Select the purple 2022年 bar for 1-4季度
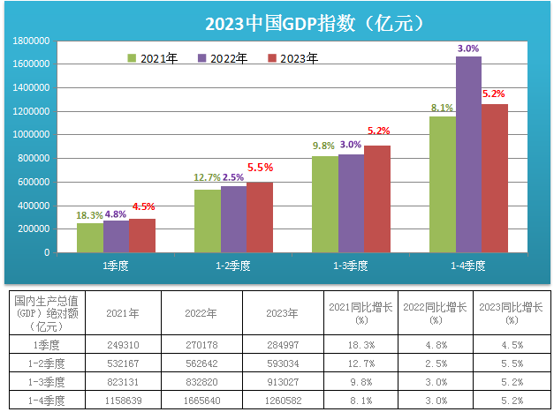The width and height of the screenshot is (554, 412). coord(468,154)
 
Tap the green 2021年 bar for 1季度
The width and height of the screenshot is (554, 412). coord(90,237)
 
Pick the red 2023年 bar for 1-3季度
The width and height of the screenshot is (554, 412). coord(376,199)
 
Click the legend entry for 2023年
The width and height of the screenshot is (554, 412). coord(292,58)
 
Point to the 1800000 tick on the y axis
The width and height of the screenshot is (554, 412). coord(31,41)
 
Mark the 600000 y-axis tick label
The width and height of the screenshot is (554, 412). coord(34,182)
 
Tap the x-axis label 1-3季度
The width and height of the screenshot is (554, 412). coord(350,265)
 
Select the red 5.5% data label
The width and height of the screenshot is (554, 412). coord(260,167)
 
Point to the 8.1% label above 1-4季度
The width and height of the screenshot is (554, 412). coord(442,108)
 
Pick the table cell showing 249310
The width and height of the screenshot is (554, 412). coord(121,345)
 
